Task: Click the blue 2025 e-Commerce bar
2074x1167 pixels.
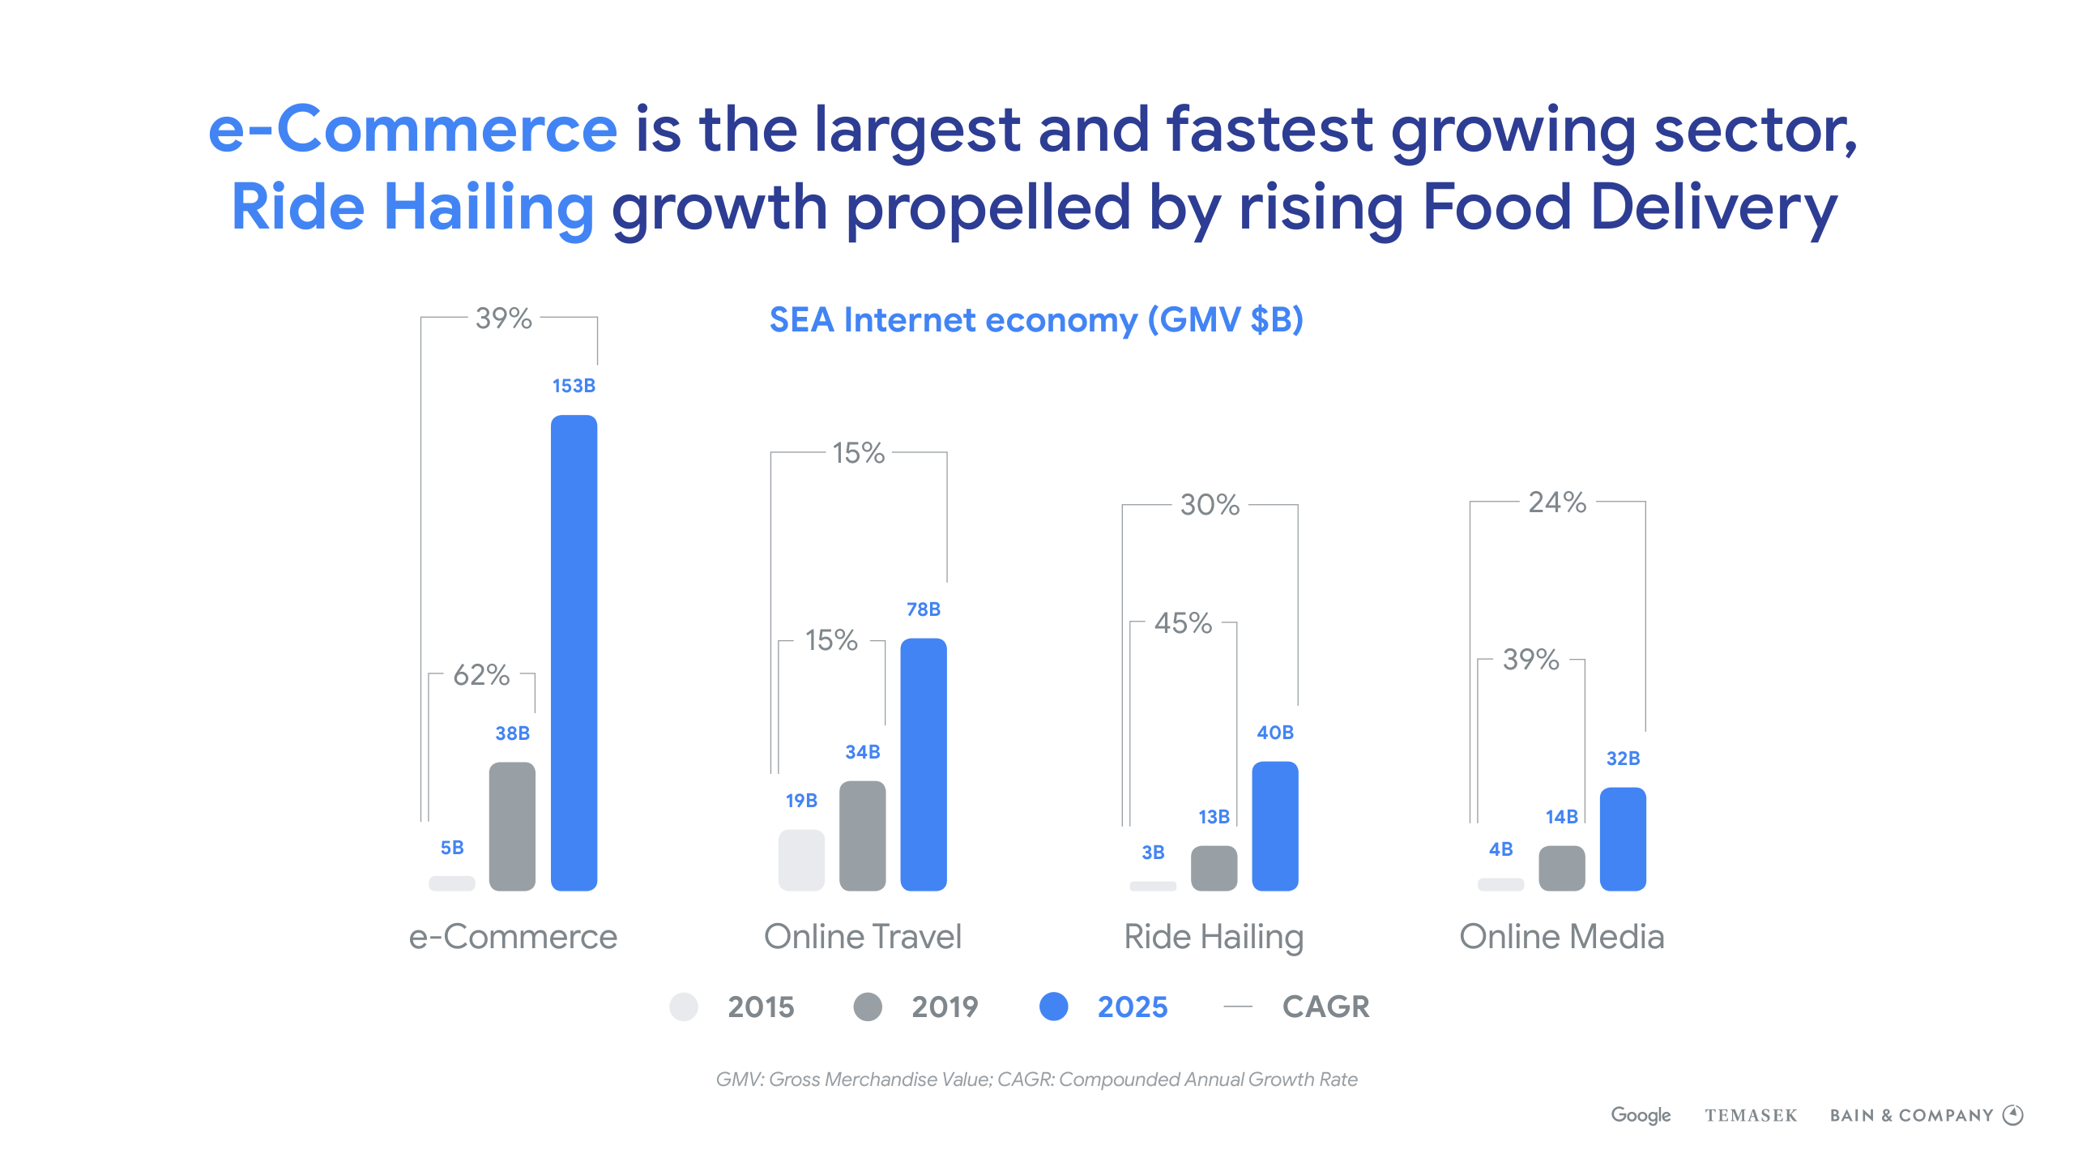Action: (574, 652)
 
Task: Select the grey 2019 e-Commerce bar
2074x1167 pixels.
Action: (512, 826)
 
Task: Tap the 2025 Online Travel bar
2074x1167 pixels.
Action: (924, 764)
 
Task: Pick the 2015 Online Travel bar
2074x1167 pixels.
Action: (801, 860)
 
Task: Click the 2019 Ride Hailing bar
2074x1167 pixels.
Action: (1214, 868)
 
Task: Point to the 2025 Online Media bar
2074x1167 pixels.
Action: (1623, 839)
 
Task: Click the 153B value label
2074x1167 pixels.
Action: (574, 386)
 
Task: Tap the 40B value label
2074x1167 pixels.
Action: (1275, 733)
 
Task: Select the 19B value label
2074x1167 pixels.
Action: (801, 801)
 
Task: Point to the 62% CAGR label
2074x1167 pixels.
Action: (481, 674)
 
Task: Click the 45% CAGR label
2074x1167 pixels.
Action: (1183, 623)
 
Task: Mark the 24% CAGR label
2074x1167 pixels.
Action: (1557, 502)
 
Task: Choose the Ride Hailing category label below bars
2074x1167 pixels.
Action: (1214, 937)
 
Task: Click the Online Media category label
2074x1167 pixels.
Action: (1561, 937)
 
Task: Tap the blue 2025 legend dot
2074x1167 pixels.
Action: (1053, 1007)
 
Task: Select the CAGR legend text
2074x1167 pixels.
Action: (1325, 1007)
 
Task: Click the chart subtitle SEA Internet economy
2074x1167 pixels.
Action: (1036, 320)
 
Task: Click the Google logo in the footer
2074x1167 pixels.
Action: (1641, 1115)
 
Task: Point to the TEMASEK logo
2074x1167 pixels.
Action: (1751, 1116)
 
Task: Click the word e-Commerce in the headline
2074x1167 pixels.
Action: (413, 130)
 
